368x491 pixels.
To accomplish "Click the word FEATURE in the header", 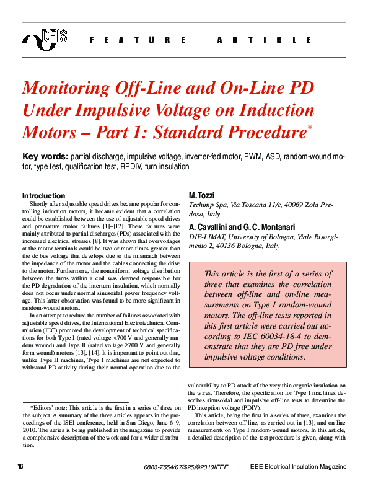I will (138, 40).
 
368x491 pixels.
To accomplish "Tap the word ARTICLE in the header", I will (265, 40).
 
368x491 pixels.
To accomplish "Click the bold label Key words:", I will (45, 156).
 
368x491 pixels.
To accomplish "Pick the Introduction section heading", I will (43, 196).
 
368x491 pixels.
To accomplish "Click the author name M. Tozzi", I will (201, 196).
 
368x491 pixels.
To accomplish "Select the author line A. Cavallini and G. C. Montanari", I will (234, 227).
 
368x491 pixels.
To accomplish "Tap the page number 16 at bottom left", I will (21, 466).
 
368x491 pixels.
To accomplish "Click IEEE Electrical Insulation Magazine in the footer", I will (297, 466).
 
